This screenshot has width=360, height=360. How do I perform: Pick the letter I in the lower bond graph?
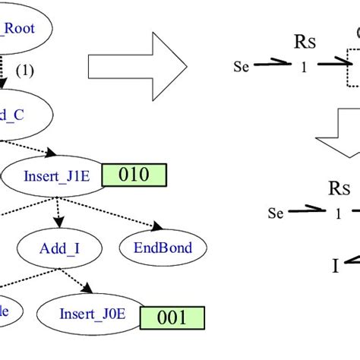point(334,286)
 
